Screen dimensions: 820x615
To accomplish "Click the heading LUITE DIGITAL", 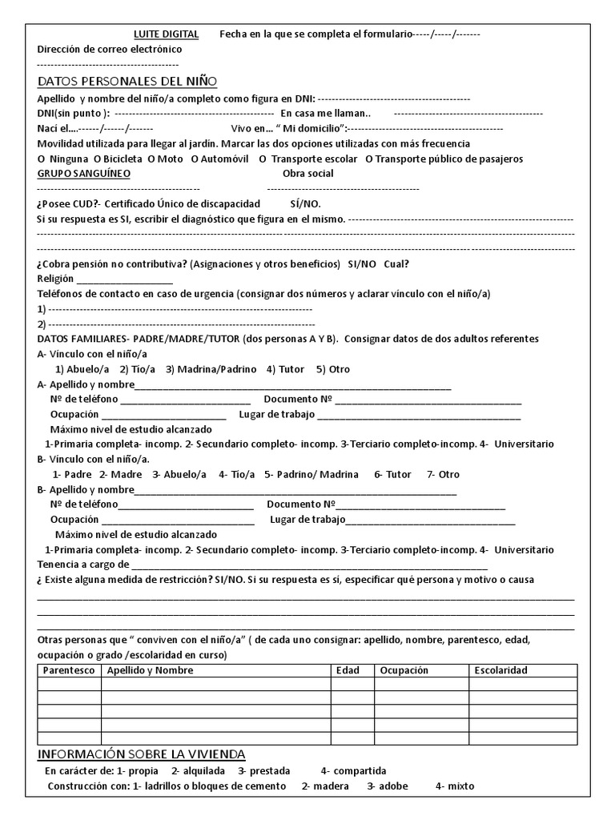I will (x=167, y=34).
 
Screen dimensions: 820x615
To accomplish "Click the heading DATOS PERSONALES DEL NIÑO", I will (x=127, y=82).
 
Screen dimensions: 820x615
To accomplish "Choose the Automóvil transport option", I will (x=220, y=159).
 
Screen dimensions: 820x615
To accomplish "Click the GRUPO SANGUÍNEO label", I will (x=84, y=173).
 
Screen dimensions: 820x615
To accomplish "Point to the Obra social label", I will (x=308, y=173).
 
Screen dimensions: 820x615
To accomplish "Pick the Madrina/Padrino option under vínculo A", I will (x=211, y=369).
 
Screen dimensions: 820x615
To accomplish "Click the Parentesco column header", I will (x=69, y=670).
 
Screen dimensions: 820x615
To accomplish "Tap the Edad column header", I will (x=348, y=670).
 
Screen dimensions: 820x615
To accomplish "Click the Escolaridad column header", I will (x=500, y=670).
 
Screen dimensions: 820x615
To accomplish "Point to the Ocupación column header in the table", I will (x=404, y=670).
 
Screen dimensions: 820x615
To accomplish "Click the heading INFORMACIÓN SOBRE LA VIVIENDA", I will (x=142, y=755).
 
